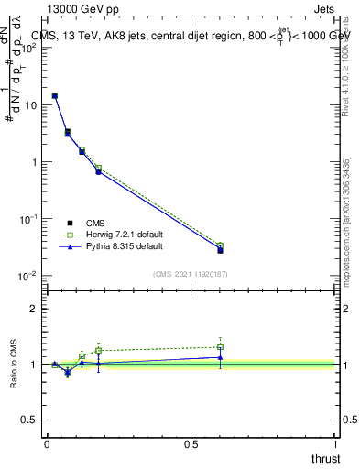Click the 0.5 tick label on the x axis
pos(191,443)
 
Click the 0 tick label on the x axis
pos(47,443)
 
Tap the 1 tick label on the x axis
pos(336,443)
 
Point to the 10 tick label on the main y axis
pos(30,105)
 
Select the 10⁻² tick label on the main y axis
pos(28,276)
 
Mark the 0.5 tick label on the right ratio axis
pos(349,420)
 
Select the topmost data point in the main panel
pos(55,95)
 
